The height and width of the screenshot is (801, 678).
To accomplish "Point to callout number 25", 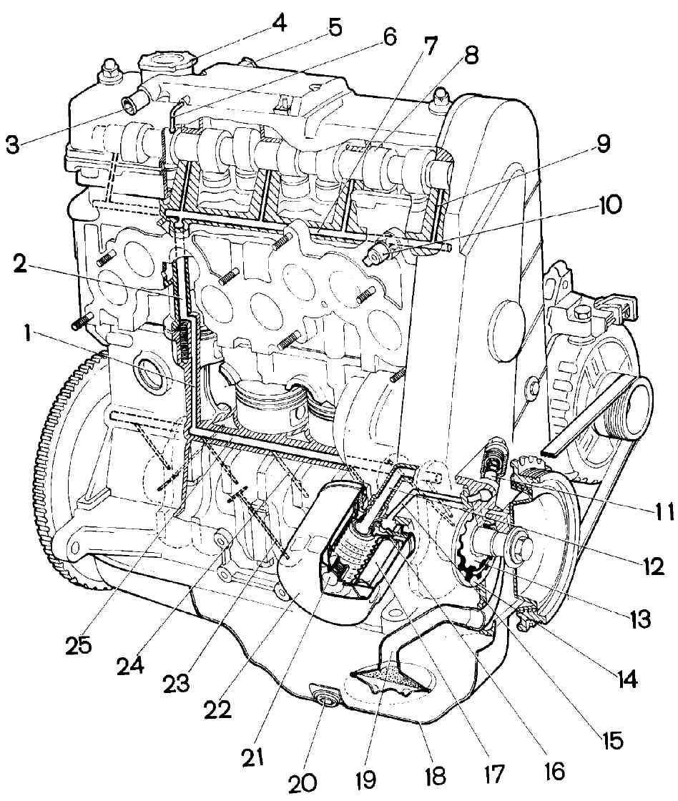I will click(80, 645).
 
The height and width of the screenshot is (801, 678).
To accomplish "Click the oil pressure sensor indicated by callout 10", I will click(378, 250).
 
